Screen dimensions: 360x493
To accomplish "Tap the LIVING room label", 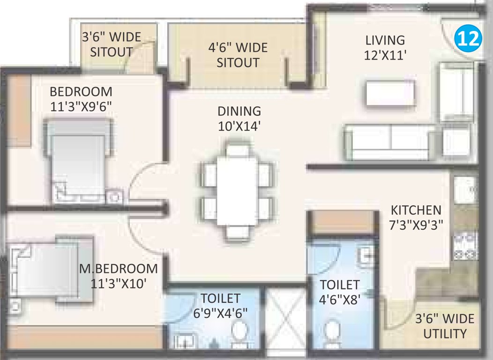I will pyautogui.click(x=385, y=47).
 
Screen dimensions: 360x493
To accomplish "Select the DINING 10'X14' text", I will pyautogui.click(x=239, y=119).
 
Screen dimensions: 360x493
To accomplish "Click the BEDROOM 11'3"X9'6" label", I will pyautogui.click(x=81, y=98).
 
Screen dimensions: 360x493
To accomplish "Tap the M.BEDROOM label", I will pyautogui.click(x=119, y=276).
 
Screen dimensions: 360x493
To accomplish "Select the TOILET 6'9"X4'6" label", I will pyautogui.click(x=220, y=305).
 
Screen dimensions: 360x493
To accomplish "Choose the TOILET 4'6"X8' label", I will pyautogui.click(x=340, y=292).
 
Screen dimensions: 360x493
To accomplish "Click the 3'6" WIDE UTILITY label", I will pyautogui.click(x=445, y=326).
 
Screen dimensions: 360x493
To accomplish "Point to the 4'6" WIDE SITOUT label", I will pyautogui.click(x=238, y=54).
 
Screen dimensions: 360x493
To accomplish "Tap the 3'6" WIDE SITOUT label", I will pyautogui.click(x=111, y=44).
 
